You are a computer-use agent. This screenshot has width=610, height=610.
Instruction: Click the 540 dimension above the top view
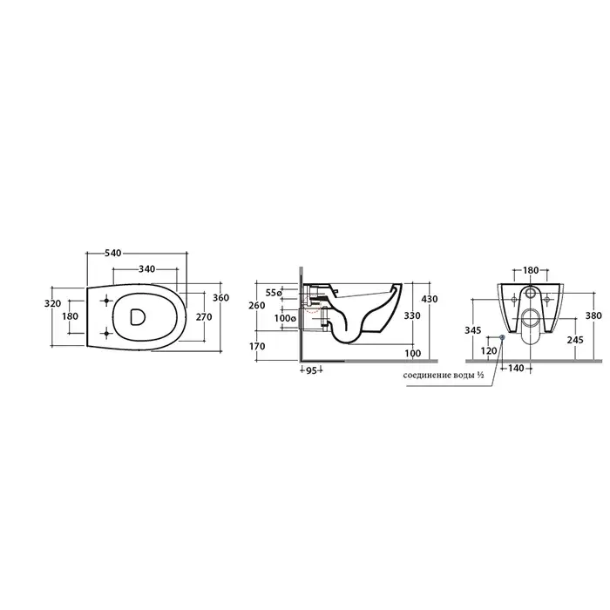click(113, 254)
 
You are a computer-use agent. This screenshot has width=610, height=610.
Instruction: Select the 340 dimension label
click(146, 268)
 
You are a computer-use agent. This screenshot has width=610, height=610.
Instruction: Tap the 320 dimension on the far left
click(53, 303)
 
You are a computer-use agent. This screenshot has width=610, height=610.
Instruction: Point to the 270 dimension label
click(204, 317)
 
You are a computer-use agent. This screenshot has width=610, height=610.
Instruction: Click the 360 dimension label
click(221, 298)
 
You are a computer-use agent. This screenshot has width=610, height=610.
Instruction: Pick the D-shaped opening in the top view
click(137, 316)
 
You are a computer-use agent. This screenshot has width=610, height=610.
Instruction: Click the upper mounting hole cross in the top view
click(106, 301)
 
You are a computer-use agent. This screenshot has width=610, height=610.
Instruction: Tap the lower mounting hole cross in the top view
click(106, 333)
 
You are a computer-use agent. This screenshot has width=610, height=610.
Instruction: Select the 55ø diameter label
click(274, 293)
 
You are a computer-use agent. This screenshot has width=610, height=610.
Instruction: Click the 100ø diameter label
click(285, 318)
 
